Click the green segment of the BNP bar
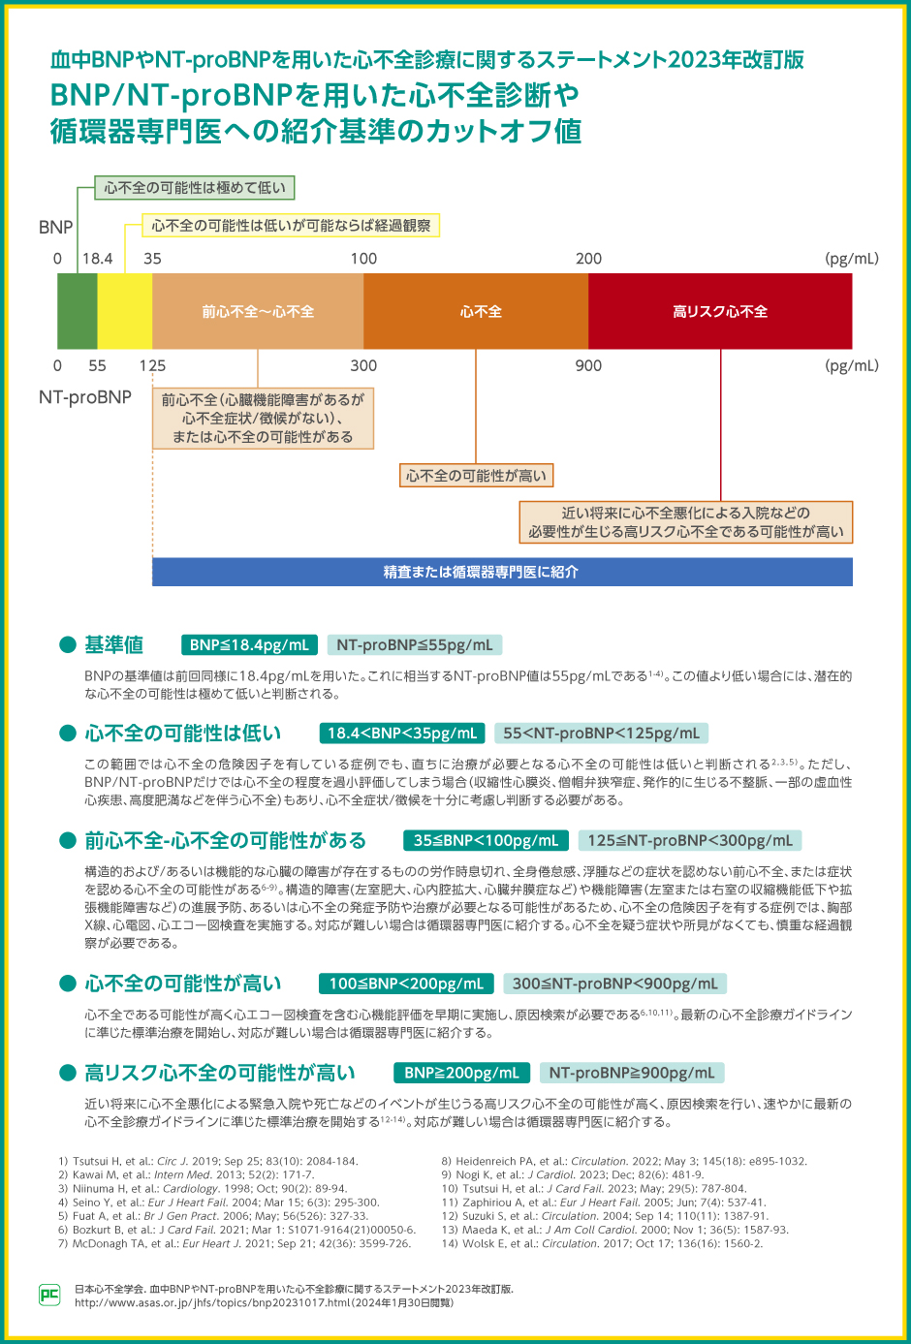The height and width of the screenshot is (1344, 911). (x=78, y=311)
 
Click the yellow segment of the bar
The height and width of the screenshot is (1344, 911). (x=125, y=311)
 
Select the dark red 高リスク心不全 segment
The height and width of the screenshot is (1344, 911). (x=720, y=311)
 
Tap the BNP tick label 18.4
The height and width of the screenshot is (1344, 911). (x=97, y=259)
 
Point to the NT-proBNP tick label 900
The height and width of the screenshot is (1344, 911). (x=588, y=365)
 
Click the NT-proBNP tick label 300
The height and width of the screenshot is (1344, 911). (x=363, y=365)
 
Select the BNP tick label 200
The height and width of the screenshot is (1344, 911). (x=588, y=259)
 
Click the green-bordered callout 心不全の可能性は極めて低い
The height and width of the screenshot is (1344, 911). (x=195, y=188)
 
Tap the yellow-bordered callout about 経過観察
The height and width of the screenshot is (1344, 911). (x=291, y=226)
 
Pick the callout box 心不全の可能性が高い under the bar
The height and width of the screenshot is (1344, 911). (x=476, y=476)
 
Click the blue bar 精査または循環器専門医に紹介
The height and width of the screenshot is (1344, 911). (x=502, y=572)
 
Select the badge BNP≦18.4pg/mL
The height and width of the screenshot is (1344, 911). (x=249, y=645)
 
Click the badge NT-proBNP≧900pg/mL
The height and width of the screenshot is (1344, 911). (x=632, y=1073)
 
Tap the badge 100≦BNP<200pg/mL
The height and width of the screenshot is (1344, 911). (x=406, y=984)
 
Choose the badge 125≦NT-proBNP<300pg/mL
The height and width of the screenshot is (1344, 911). (x=690, y=840)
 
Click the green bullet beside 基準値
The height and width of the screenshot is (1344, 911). (x=68, y=645)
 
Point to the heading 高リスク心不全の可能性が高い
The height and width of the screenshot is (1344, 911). (x=220, y=1073)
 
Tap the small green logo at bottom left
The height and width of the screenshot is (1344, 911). (x=49, y=1295)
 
